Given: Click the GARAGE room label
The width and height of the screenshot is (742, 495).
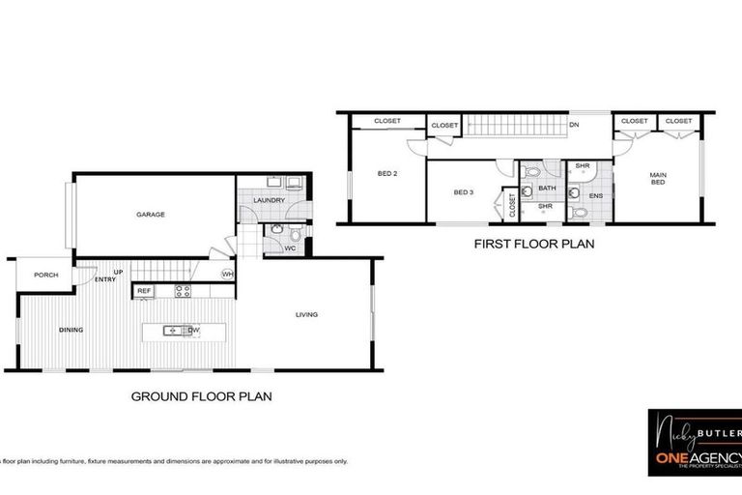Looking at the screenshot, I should pos(150,215).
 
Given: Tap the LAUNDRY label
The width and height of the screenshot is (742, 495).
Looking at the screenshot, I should pos(270,200).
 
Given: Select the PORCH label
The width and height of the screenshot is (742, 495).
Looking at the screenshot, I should pos(45,275).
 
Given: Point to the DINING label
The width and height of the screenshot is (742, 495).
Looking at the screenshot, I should pos(71,330).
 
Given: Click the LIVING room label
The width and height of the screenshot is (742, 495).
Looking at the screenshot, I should pos(306,314).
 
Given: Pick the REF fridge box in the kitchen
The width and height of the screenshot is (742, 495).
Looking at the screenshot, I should pos(144,290).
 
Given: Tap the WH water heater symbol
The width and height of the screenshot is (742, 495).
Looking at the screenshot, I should pos(228,275).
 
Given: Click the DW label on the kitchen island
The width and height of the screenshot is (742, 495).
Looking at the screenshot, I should pos(194,331).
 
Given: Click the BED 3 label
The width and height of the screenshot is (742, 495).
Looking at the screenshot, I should pos(464,192).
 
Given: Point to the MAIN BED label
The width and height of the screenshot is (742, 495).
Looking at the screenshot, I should pos(658,178).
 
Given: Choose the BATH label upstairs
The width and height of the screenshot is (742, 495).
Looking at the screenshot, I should pos(547,188).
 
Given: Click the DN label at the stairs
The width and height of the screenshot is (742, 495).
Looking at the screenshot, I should pos(574,125).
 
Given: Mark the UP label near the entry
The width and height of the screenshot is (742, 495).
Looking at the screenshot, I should pos(119,272).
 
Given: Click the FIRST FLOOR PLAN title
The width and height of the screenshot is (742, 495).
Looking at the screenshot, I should pos(533,245).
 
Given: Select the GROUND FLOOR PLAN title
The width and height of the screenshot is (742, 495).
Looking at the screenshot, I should pos(201,395).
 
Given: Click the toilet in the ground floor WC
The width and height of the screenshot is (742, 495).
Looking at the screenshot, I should pos(277,230).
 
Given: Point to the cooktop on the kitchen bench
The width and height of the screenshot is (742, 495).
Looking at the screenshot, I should pos(183,290).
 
